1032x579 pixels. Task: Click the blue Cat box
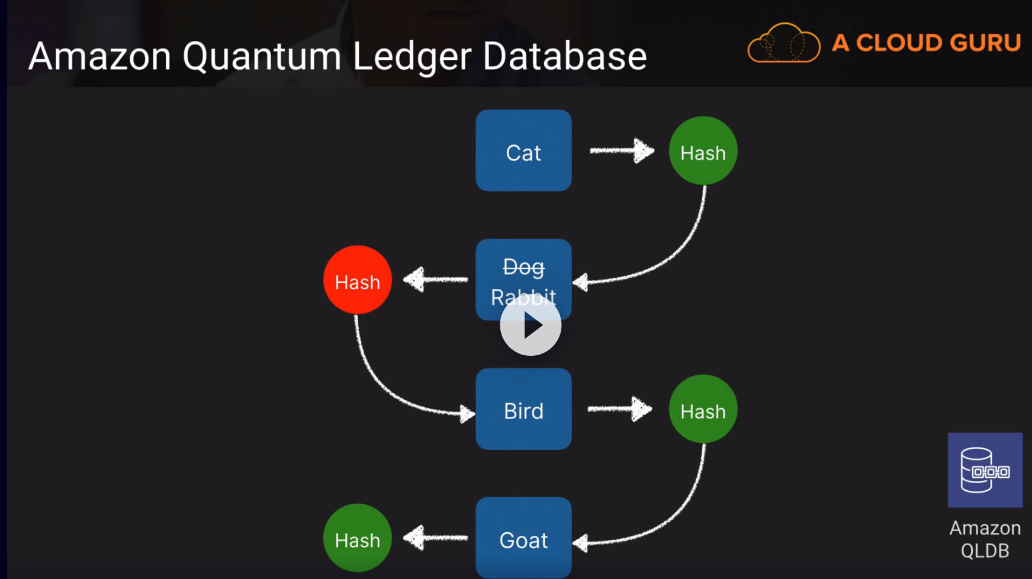tap(523, 150)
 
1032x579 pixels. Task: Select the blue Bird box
tap(523, 409)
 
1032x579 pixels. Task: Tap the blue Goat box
tap(523, 538)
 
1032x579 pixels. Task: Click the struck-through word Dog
tap(523, 267)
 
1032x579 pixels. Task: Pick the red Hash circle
tap(358, 280)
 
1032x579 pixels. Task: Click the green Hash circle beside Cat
tap(703, 151)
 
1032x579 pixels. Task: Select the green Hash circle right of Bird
tap(703, 409)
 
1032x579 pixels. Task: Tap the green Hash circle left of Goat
tap(358, 538)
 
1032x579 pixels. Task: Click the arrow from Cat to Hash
tap(622, 150)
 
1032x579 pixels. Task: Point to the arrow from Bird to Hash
tap(619, 408)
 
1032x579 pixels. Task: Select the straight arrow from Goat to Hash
tap(435, 538)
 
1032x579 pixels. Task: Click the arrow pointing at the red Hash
tap(435, 279)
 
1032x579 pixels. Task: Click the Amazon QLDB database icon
tap(985, 470)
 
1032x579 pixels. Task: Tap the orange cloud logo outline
tap(784, 43)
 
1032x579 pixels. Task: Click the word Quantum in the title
tap(262, 57)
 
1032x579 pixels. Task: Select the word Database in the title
tap(565, 56)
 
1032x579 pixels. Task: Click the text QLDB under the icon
tap(985, 551)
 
